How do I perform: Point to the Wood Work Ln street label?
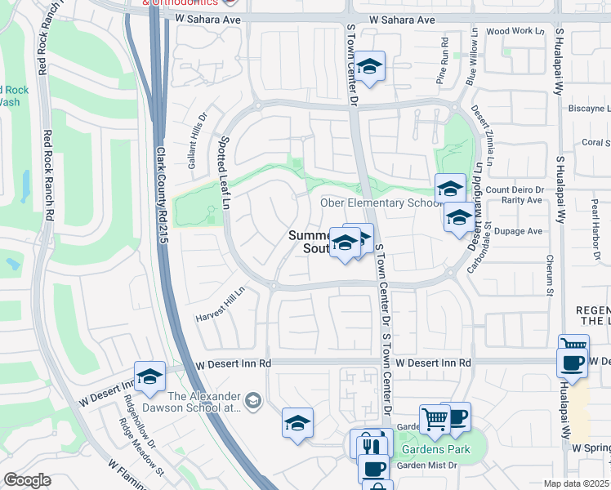tap(515, 31)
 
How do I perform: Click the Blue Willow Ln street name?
tap(471, 59)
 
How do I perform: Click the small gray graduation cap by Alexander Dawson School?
tap(253, 399)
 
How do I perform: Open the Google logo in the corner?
tap(27, 480)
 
